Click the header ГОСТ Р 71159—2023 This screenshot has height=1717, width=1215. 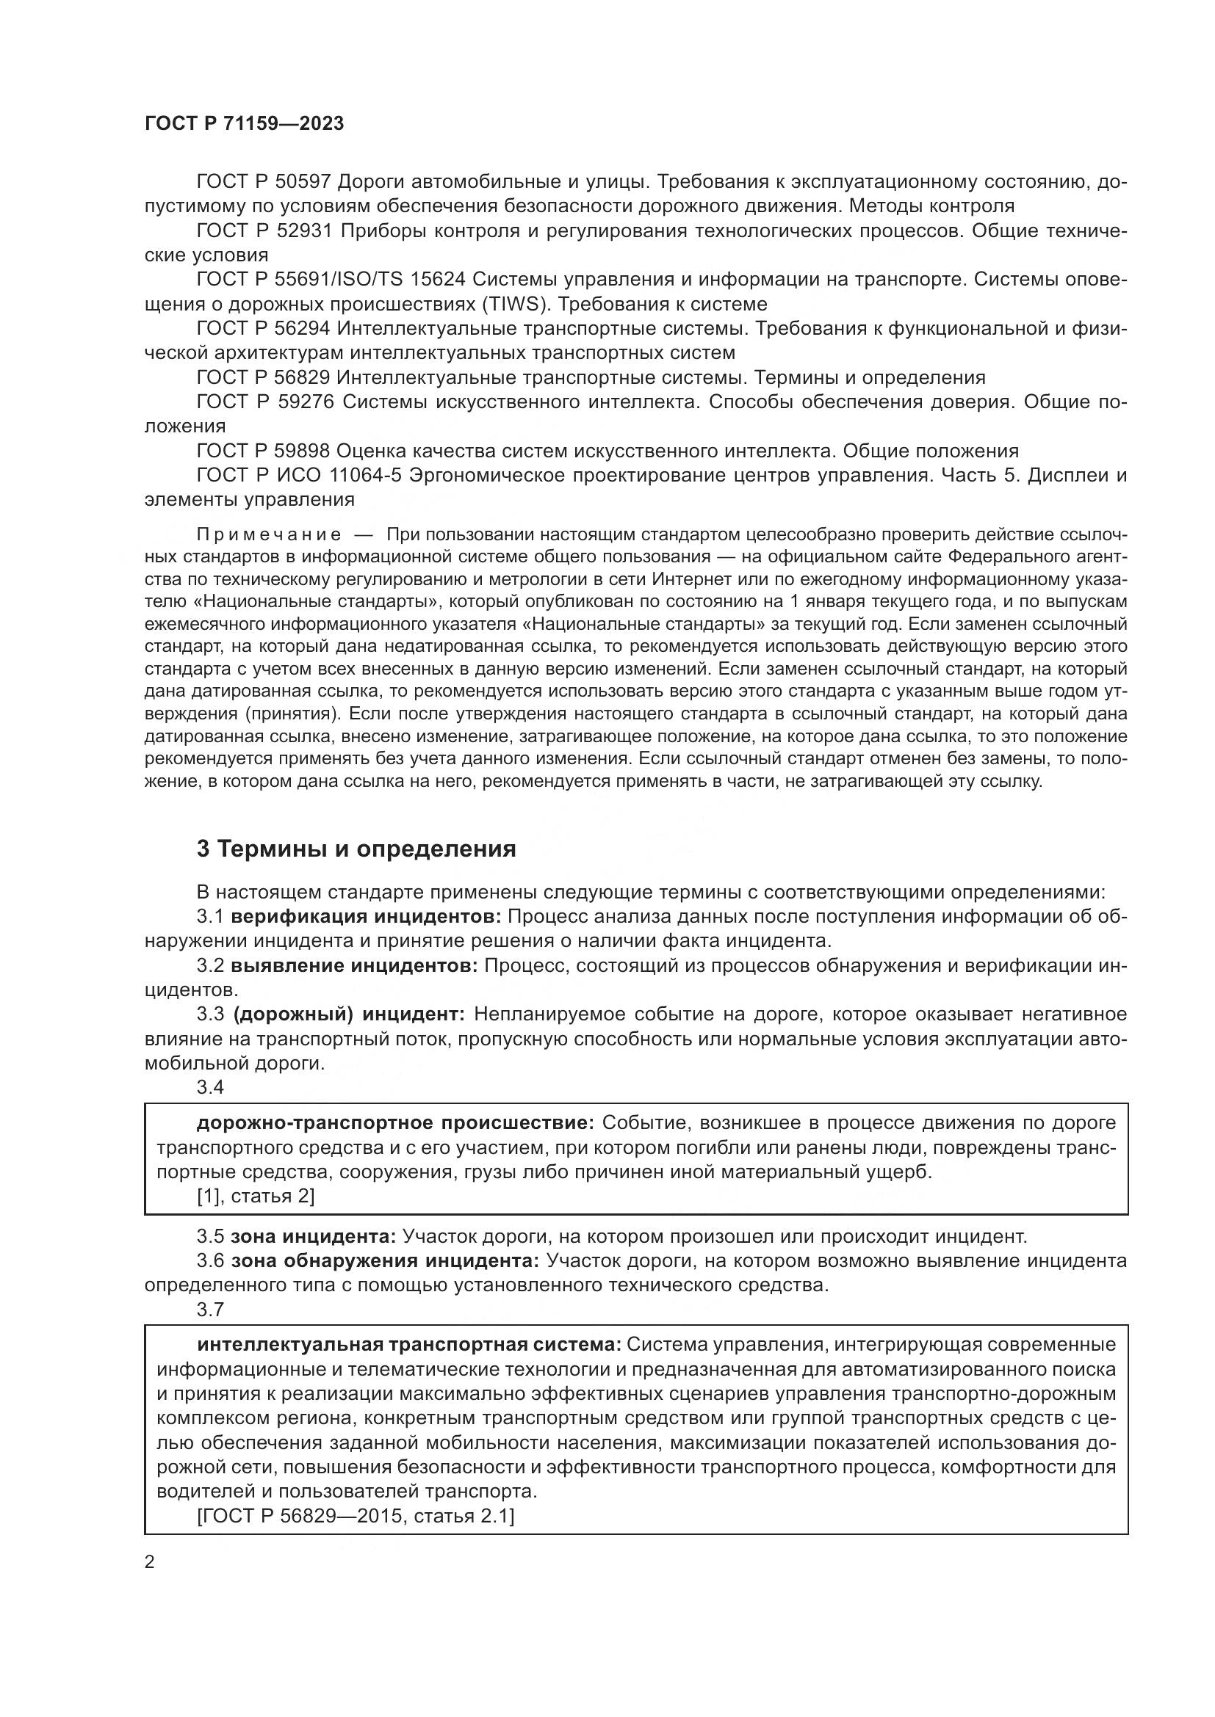point(244,124)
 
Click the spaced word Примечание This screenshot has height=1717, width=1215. point(270,534)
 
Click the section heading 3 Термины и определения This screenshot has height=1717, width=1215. point(356,849)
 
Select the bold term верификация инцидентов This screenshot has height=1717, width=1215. point(367,917)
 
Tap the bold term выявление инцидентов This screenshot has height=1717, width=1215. point(354,965)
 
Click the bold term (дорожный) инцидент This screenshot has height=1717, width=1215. point(350,1014)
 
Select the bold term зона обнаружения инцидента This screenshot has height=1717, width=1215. point(384,1261)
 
